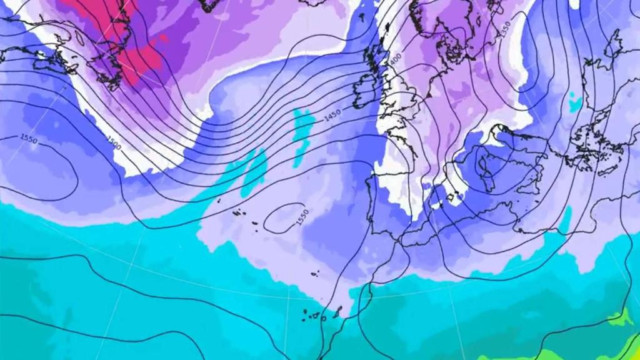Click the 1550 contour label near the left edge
click(29, 139)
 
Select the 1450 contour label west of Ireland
click(332, 116)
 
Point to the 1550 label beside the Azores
click(302, 217)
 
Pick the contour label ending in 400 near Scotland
click(395, 60)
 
